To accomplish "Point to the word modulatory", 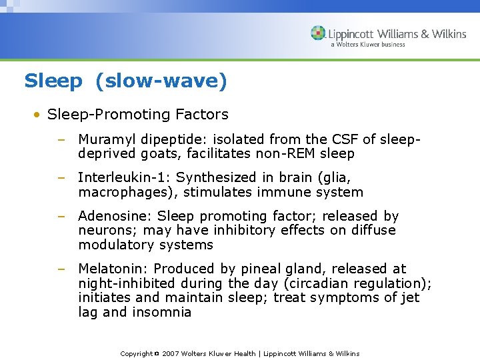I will click(115, 245).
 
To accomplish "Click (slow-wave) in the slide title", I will click(161, 81).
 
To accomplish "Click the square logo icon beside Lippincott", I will click(319, 33).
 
